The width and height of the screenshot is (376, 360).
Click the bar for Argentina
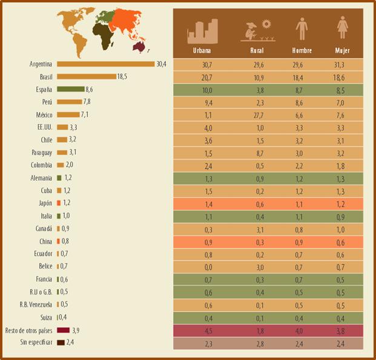(105, 64)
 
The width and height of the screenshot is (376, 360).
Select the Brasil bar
(86, 76)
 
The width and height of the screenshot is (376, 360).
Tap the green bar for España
(70, 89)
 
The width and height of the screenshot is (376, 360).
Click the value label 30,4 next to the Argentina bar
(161, 64)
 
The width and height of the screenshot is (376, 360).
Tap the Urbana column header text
(202, 51)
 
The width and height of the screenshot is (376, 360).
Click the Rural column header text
(256, 51)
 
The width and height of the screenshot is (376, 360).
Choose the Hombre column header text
(301, 51)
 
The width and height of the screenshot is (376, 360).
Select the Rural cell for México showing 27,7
(256, 115)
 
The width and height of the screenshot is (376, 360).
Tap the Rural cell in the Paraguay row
(256, 153)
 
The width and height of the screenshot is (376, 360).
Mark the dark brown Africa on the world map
(107, 38)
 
